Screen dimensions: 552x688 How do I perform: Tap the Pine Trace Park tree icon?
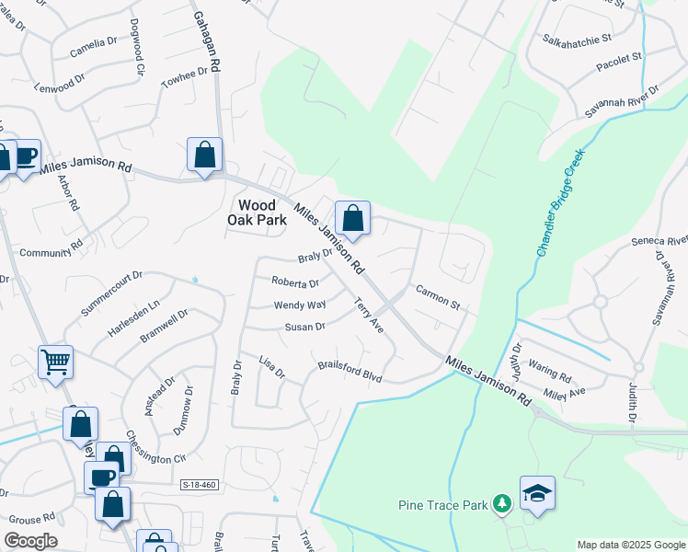pyautogui.click(x=501, y=503)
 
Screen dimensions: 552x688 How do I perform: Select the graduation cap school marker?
pyautogui.click(x=537, y=494)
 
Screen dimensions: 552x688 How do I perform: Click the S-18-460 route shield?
pyautogui.click(x=200, y=485)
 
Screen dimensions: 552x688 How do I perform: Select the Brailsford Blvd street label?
pyautogui.click(x=350, y=372)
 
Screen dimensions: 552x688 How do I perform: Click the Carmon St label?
pyautogui.click(x=437, y=295)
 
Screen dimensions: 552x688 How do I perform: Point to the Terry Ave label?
pyautogui.click(x=369, y=314)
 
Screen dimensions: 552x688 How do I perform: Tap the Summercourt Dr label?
pyautogui.click(x=111, y=293)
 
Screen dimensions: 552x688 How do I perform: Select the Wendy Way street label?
pyautogui.click(x=300, y=305)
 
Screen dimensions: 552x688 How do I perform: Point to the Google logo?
pyautogui.click(x=30, y=541)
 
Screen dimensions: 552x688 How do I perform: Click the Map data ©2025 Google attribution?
pyautogui.click(x=630, y=545)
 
